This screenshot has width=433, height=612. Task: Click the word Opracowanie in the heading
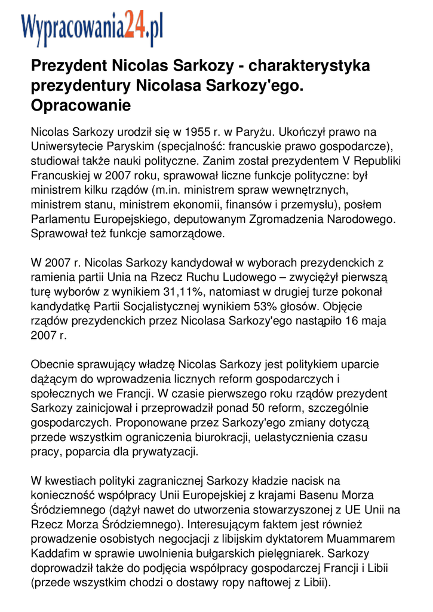81,105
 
